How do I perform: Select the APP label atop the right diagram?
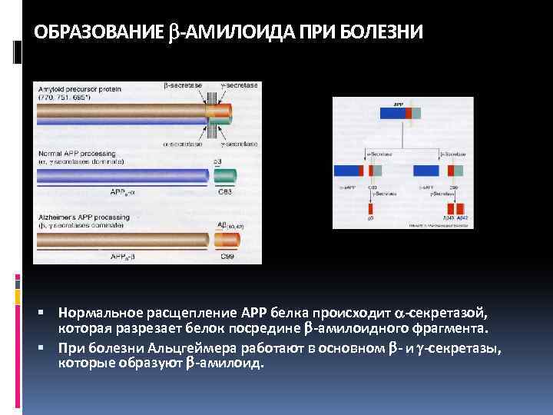tap(398, 104)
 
